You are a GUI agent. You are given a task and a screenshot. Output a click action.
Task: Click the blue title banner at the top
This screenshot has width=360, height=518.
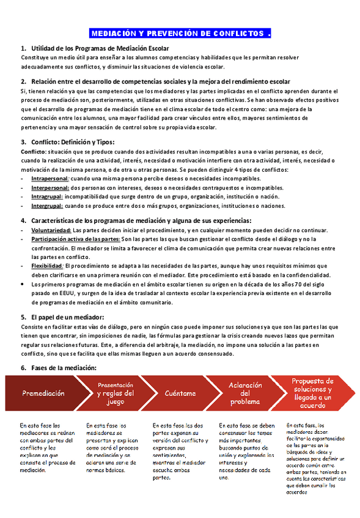(180, 33)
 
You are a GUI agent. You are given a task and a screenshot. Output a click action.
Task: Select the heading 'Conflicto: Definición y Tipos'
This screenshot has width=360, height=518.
(80, 142)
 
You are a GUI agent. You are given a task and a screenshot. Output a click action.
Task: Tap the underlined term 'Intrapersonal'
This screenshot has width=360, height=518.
(50, 178)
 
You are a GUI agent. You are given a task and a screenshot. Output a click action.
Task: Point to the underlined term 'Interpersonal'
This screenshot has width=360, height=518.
(50, 188)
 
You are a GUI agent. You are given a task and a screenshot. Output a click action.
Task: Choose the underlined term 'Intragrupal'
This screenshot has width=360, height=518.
(48, 197)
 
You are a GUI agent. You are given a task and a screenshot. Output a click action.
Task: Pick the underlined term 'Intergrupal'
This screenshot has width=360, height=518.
(48, 206)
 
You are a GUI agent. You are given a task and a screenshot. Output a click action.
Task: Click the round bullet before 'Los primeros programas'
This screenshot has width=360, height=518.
(23, 285)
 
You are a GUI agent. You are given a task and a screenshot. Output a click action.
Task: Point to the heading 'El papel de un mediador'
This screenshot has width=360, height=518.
(67, 317)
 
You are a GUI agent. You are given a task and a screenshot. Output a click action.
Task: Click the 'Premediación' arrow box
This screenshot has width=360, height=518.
(43, 393)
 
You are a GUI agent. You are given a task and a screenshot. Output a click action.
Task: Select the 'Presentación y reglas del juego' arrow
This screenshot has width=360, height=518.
(115, 393)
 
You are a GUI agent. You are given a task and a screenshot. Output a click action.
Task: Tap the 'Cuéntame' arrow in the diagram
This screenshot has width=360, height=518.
(181, 393)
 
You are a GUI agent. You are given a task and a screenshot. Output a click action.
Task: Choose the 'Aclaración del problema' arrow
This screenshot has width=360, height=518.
(246, 393)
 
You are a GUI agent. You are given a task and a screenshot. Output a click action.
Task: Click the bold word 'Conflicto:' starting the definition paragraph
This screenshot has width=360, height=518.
(33, 151)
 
